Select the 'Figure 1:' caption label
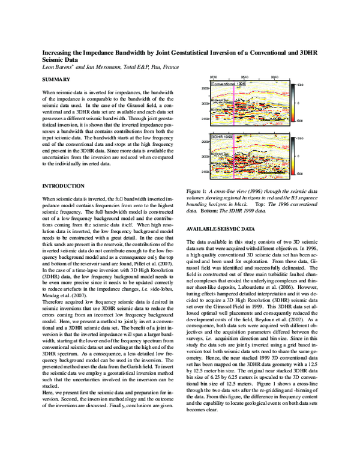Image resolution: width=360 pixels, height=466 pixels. point(199,190)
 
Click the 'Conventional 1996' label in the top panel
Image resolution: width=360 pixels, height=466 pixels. point(228,85)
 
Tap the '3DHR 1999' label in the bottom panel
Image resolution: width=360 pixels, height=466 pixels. point(221,137)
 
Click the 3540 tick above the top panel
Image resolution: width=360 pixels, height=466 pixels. point(245,77)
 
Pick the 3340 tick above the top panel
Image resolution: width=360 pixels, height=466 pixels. point(274,77)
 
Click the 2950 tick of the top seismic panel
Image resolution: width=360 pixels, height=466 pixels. point(205,88)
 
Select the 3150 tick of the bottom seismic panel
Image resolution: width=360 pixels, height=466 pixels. point(205,172)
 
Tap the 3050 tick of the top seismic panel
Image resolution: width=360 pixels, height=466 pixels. point(205,104)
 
